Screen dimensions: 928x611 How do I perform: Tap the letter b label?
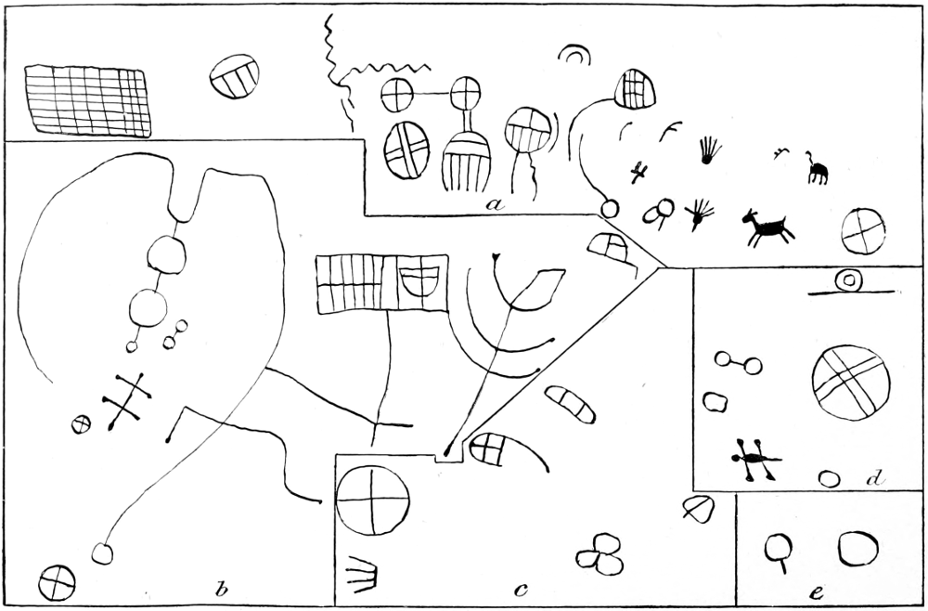pos(222,589)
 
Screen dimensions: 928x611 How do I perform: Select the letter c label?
pos(521,591)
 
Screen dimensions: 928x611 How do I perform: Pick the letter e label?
pos(817,592)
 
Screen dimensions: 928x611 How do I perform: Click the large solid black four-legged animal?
pos(767,227)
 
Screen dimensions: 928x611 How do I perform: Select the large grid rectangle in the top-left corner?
pos(87,100)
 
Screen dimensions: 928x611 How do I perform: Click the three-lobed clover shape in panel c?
pos(600,554)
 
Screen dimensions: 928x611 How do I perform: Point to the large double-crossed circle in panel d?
pos(850,383)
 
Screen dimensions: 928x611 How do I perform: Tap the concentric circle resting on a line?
pos(849,280)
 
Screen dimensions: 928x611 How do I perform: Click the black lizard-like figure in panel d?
pos(754,459)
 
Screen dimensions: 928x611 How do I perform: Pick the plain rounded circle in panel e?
pos(857,548)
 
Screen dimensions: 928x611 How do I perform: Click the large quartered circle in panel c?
pos(372,500)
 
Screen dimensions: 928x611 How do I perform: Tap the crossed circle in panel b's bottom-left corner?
pos(57,583)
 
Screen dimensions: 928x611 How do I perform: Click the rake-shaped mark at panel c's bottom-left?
pos(362,575)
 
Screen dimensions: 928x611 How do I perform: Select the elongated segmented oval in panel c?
pos(570,404)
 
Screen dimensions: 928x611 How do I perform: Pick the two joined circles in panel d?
pos(738,362)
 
